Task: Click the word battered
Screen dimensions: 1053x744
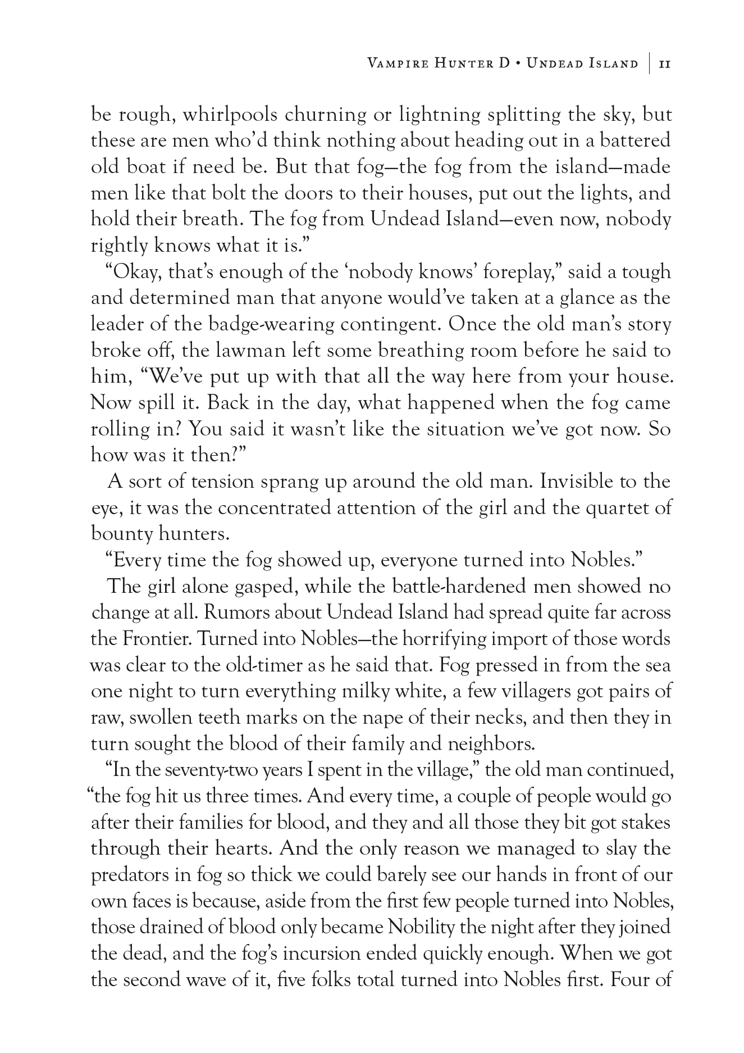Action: click(636, 141)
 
